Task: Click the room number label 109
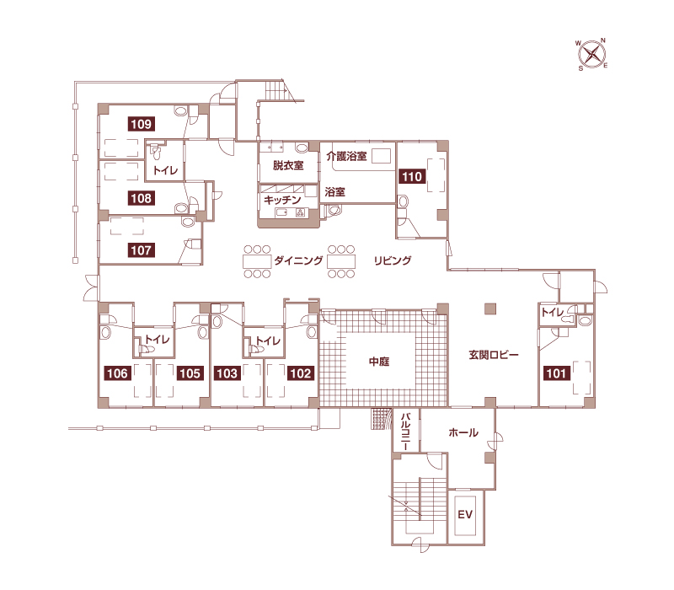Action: click(x=142, y=124)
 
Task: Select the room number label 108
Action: click(x=142, y=198)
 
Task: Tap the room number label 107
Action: click(x=142, y=250)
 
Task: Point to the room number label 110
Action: click(x=412, y=176)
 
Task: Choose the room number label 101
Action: click(x=557, y=373)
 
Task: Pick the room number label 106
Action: click(x=118, y=373)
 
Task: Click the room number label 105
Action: click(x=190, y=373)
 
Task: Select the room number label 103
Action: click(x=227, y=373)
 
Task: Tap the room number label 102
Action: click(x=301, y=373)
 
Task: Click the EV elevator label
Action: click(x=465, y=514)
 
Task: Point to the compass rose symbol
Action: click(x=592, y=55)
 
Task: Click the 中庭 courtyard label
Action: click(x=379, y=362)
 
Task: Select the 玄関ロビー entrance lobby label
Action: click(x=494, y=355)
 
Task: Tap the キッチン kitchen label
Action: click(x=282, y=200)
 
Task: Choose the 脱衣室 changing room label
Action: click(x=288, y=165)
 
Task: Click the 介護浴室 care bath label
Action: click(x=346, y=156)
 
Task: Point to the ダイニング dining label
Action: click(x=298, y=260)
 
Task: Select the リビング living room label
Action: click(x=393, y=260)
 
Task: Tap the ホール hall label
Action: click(x=463, y=432)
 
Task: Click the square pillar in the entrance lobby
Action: click(x=490, y=308)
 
